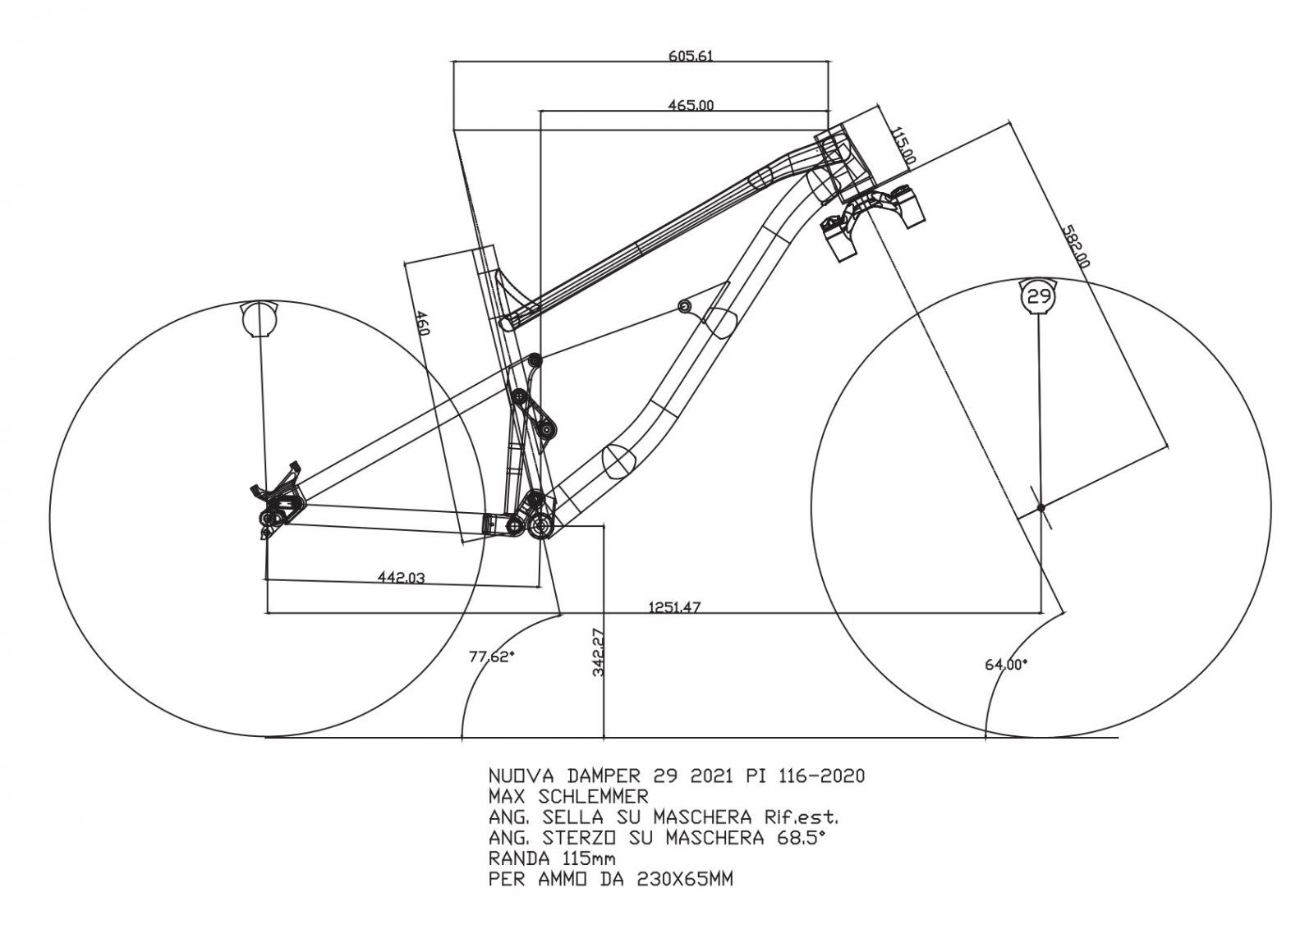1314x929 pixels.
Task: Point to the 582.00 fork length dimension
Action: tap(1075, 245)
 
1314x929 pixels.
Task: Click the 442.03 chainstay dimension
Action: tap(401, 578)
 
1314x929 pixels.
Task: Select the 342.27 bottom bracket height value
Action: tap(598, 652)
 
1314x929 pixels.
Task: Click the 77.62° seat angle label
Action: tap(491, 657)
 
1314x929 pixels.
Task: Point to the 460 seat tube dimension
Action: tap(422, 324)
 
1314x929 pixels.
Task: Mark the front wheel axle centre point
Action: tap(1041, 508)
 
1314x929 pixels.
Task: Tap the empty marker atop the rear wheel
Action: tap(260, 318)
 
